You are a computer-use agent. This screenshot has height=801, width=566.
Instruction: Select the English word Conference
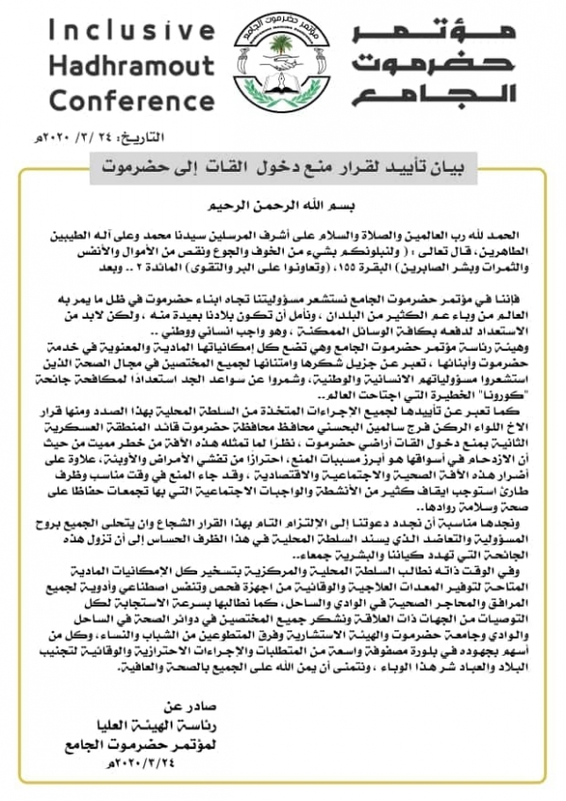point(125,101)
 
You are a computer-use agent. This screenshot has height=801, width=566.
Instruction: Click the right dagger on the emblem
point(313,71)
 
